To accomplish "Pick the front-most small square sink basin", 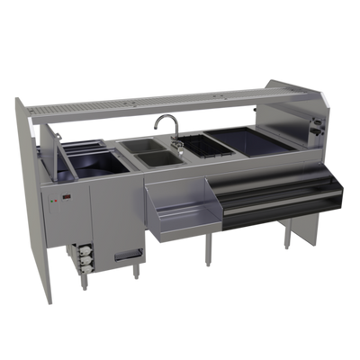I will coord(153,160).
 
